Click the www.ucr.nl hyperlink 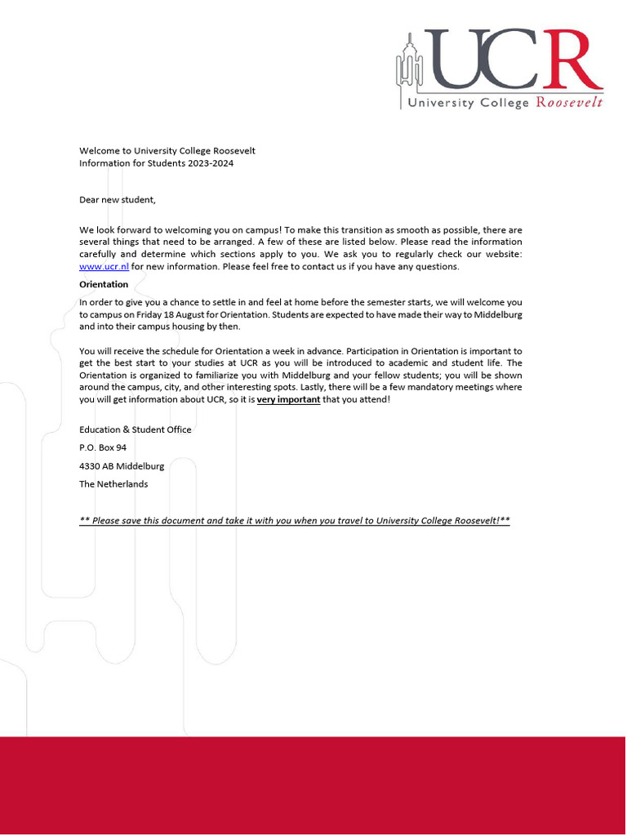pyautogui.click(x=104, y=267)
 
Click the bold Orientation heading pyautogui.click(x=104, y=285)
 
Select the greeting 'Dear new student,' pyautogui.click(x=117, y=200)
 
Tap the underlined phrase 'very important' pyautogui.click(x=288, y=399)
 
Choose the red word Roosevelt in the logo pyautogui.click(x=569, y=103)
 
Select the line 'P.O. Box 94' pyautogui.click(x=103, y=447)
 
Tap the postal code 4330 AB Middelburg pyautogui.click(x=122, y=466)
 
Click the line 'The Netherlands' pyautogui.click(x=113, y=484)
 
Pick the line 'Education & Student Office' pyautogui.click(x=136, y=429)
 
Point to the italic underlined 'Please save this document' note pyautogui.click(x=295, y=521)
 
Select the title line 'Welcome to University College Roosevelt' pyautogui.click(x=167, y=151)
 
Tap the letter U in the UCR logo pyautogui.click(x=453, y=60)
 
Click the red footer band pyautogui.click(x=313, y=785)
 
